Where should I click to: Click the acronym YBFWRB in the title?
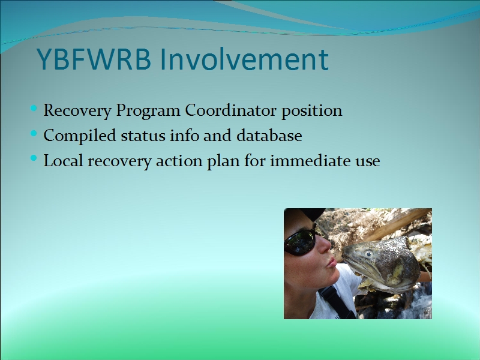(x=94, y=58)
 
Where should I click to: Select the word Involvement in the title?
(x=244, y=58)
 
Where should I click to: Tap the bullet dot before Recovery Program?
(x=34, y=108)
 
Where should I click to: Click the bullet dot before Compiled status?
(x=34, y=133)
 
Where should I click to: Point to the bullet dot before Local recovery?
(x=34, y=158)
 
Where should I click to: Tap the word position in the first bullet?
(x=311, y=111)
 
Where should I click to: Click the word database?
(x=269, y=136)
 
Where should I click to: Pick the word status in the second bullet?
(x=143, y=136)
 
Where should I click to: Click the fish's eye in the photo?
(x=368, y=254)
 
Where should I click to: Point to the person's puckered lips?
(x=331, y=263)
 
